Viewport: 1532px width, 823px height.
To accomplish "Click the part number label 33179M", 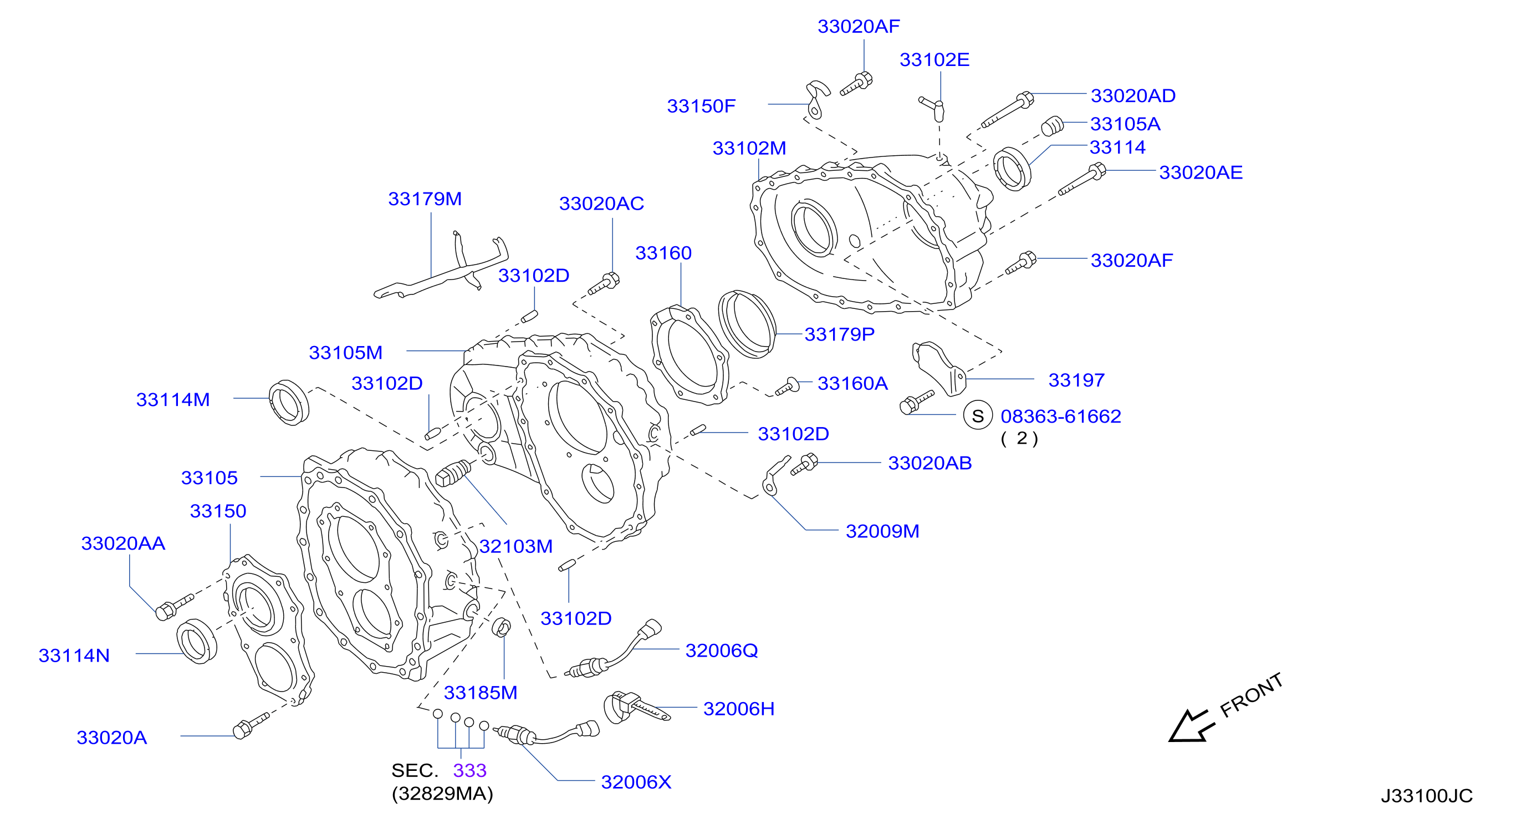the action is pyautogui.click(x=425, y=199).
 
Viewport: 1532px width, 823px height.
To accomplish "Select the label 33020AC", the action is pyautogui.click(x=601, y=204).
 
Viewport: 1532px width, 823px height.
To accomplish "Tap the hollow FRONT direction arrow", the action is pyautogui.click(x=1190, y=726).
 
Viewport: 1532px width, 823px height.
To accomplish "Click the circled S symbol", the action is pyautogui.click(x=978, y=416).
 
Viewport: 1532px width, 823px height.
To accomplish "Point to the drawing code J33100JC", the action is pyautogui.click(x=1426, y=796).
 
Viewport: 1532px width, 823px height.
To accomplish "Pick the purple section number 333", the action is pyautogui.click(x=470, y=771).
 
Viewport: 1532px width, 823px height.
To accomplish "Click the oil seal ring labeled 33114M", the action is pyautogui.click(x=289, y=402).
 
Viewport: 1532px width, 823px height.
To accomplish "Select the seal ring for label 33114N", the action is pyautogui.click(x=197, y=641).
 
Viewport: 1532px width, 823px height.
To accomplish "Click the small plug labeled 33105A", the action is pyautogui.click(x=1052, y=125).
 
